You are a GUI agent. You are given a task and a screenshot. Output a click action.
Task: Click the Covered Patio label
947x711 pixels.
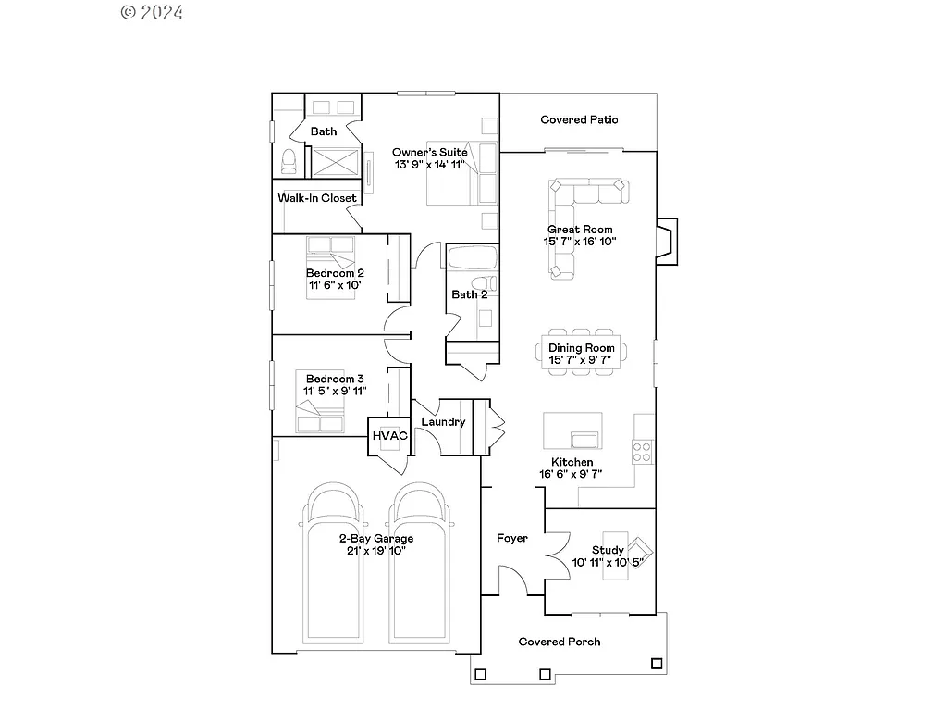579,119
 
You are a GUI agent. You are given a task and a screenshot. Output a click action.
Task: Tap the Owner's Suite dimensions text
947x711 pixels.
428,164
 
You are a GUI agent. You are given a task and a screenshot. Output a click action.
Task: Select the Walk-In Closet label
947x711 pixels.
317,197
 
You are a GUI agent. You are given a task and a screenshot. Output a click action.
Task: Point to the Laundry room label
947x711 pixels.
442,422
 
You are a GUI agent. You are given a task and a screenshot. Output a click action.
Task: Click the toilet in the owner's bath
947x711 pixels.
289,161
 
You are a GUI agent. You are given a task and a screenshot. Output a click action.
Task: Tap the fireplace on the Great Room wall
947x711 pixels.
667,242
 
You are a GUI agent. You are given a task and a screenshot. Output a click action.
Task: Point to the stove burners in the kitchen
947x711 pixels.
641,452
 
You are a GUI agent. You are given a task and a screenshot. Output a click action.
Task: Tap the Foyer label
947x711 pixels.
511,538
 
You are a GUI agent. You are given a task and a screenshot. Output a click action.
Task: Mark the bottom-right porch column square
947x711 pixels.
657,663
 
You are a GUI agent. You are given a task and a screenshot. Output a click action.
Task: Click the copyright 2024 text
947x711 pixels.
152,12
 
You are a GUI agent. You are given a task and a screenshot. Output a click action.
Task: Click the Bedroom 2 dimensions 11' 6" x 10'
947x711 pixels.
335,285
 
